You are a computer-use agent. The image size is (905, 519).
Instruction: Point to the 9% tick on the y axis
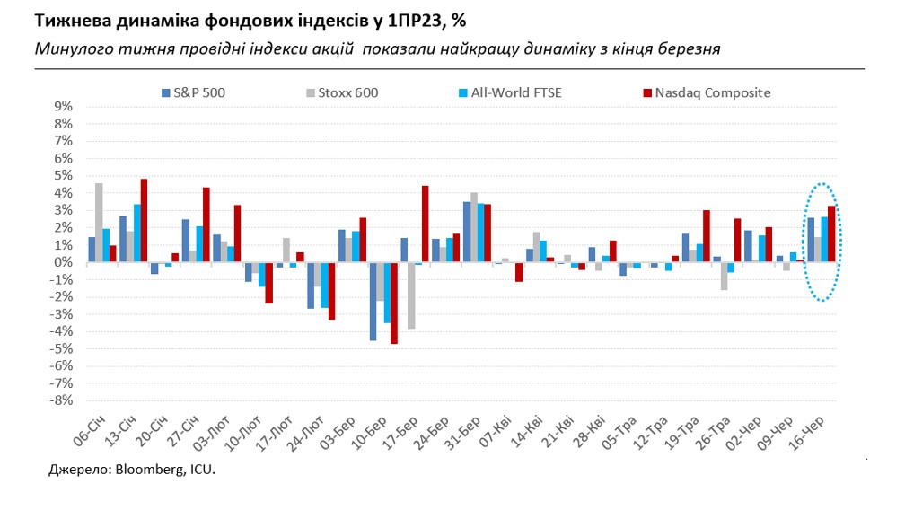coord(63,106)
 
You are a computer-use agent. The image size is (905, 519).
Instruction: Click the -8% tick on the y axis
coord(60,401)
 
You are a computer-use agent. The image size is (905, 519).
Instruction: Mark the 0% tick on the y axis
coord(63,262)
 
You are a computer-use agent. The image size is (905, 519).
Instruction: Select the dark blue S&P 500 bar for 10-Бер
coord(373,301)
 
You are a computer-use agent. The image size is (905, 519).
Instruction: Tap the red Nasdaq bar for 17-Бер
coord(426,224)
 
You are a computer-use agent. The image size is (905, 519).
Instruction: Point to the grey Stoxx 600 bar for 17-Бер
coord(411,295)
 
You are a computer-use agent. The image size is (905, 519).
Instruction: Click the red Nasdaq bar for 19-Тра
coord(707,236)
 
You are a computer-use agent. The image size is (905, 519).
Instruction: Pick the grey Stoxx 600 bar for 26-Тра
coord(724,276)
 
